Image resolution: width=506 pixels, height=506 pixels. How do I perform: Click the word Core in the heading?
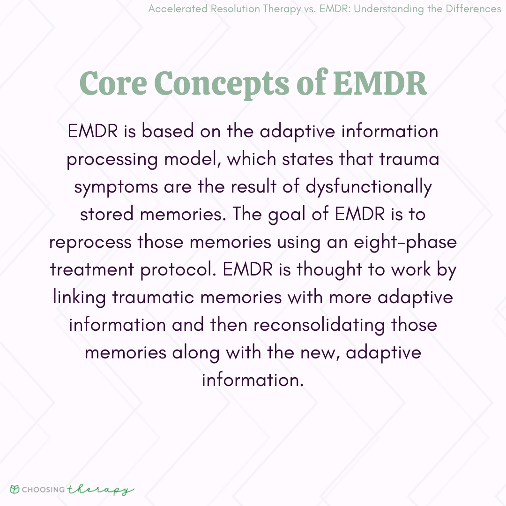113,83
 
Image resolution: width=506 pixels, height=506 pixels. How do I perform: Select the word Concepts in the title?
222,84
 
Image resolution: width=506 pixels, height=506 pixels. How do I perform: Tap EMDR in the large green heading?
380,83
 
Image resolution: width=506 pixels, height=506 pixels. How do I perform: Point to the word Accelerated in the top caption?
178,9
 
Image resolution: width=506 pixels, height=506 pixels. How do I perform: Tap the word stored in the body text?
107,214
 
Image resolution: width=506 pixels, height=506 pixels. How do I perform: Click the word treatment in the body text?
92,270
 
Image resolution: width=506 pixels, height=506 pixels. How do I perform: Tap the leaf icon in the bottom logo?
15,489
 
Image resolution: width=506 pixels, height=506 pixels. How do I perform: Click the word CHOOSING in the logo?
43,490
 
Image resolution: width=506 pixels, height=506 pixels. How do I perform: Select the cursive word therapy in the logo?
100,490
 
